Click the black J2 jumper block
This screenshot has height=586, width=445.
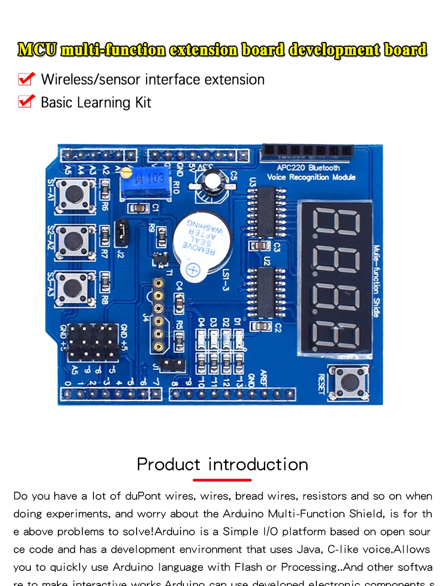121,232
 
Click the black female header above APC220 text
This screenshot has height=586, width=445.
307,151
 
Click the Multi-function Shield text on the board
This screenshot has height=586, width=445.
376,281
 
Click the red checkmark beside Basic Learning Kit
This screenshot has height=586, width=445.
26,102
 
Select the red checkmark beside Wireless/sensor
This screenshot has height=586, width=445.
26,79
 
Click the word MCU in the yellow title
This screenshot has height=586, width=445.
37,50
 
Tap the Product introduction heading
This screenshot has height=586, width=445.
222,464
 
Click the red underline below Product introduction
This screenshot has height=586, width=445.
222,480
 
